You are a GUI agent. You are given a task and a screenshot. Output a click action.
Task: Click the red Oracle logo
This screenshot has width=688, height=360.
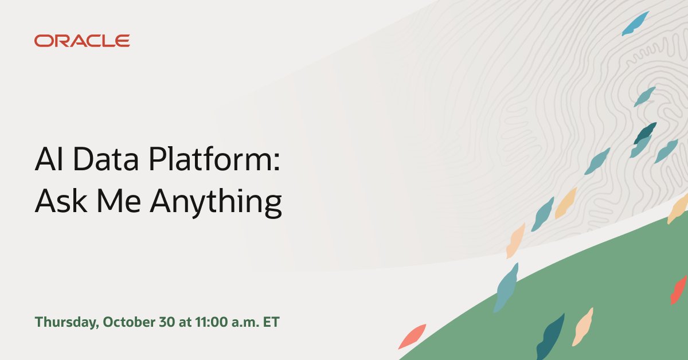(82, 41)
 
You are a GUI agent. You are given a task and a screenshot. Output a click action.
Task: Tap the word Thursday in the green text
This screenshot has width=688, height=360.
(67, 322)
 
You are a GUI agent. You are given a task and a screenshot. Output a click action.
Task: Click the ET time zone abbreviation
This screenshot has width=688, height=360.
(271, 322)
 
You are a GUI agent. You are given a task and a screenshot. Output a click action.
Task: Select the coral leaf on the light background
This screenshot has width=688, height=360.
(412, 336)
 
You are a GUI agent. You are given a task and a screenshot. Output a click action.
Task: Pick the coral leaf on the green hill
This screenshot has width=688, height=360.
(679, 289)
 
